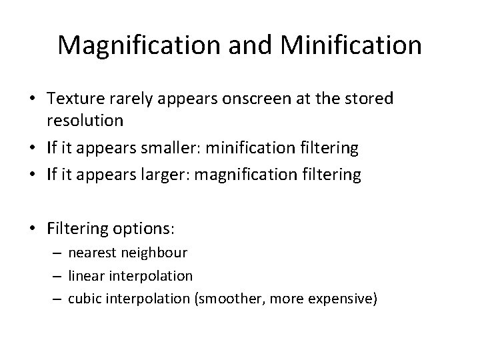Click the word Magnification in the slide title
[x=135, y=45]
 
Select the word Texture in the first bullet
[x=75, y=99]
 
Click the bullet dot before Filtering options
[x=33, y=229]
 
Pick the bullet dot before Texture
[x=33, y=99]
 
